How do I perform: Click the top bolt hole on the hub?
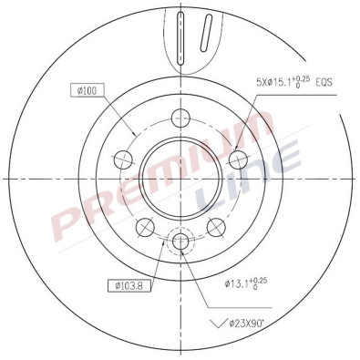pos(180,117)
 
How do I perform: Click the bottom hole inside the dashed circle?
pos(180,242)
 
